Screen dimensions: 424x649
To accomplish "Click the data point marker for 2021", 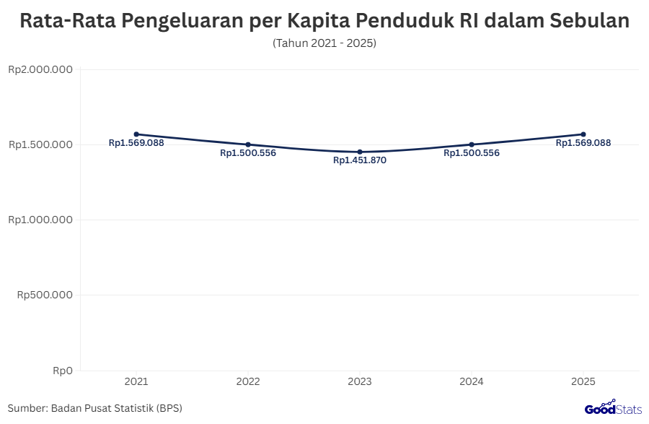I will [136, 134].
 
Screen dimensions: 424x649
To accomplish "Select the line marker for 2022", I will [248, 144].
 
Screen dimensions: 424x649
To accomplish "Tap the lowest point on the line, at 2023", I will [360, 152].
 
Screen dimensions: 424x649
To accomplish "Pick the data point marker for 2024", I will [472, 144].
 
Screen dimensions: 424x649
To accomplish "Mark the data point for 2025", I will [583, 134].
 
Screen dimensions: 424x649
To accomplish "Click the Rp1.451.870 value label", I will [360, 160].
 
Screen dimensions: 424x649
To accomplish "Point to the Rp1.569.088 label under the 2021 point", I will [136, 143].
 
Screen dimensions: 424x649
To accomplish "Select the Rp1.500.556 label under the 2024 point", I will [472, 153].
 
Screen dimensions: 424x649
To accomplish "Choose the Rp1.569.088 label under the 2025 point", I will [583, 143].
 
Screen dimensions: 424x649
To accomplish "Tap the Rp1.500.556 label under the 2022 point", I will [248, 153].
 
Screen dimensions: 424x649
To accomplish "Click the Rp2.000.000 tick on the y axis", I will [40, 70].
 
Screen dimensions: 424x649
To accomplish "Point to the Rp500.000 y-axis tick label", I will [45, 295].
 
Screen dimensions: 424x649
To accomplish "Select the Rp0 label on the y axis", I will [63, 371].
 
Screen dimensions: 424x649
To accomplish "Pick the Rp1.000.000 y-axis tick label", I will [40, 220].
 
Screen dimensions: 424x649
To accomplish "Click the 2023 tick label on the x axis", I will [360, 381].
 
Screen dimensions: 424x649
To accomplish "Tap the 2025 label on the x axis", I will [583, 381].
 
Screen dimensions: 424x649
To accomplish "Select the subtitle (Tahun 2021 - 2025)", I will [324, 43].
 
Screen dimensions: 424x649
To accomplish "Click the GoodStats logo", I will [612, 408].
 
